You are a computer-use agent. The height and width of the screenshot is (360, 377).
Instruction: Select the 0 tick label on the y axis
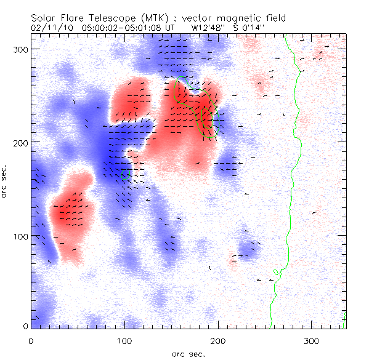[25, 326]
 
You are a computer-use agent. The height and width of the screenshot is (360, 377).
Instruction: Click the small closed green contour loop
[276, 271]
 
